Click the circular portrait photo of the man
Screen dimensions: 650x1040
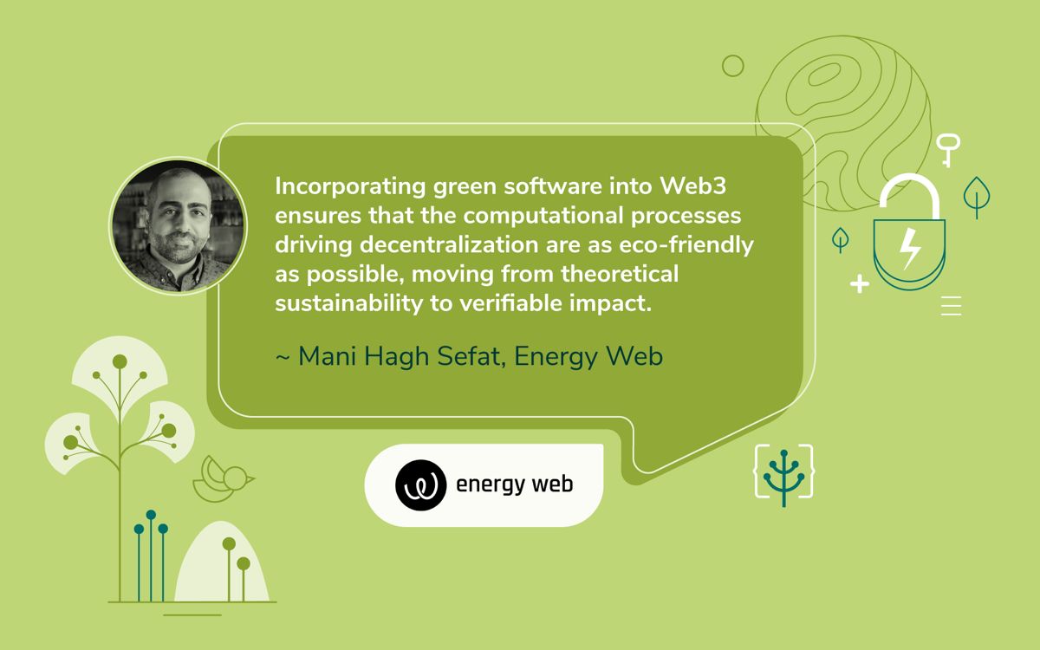[x=178, y=225]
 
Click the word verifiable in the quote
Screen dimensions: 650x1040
[x=505, y=303]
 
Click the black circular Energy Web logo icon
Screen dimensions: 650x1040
[x=421, y=484]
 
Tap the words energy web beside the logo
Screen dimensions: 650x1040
[x=514, y=484]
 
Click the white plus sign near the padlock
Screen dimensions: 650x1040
[x=859, y=283]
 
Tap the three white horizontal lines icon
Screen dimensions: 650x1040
[x=951, y=305]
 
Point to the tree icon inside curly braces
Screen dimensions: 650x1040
[x=783, y=475]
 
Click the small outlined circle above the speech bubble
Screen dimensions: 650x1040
[x=733, y=66]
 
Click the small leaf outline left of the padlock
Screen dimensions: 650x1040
[x=840, y=238]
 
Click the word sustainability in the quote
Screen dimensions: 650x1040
[x=345, y=303]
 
